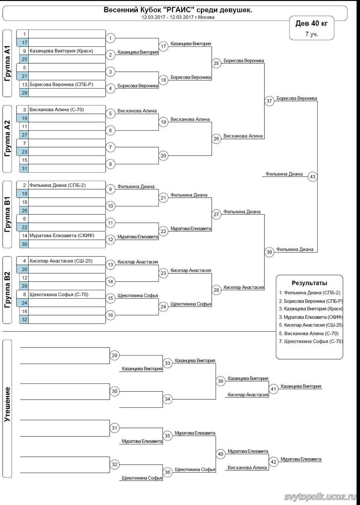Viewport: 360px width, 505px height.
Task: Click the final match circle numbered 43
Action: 313,177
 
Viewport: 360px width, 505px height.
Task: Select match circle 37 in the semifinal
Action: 269,101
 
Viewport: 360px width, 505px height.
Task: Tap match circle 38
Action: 269,252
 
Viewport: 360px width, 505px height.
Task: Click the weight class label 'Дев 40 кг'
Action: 311,23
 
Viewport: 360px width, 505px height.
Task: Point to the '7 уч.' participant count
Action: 312,34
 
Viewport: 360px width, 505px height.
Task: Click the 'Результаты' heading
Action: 309,283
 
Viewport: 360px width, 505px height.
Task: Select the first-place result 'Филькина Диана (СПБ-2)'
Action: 310,293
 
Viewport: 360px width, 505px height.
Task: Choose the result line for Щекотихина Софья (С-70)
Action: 311,341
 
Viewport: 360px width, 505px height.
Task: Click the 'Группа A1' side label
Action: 7,63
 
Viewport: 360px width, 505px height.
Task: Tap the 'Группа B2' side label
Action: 7,290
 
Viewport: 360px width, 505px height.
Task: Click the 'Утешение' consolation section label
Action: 7,404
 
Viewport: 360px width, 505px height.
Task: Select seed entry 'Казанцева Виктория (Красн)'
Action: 61,51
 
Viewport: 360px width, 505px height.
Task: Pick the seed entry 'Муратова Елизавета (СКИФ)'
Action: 62,236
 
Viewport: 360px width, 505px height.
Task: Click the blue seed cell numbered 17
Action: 24,42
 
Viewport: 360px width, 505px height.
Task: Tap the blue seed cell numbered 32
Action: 24,319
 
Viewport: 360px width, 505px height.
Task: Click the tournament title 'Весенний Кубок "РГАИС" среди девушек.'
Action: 178,10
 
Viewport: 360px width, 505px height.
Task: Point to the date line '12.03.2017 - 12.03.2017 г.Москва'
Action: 178,17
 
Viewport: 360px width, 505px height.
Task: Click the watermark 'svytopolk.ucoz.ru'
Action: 320,497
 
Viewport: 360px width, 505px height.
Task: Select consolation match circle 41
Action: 274,389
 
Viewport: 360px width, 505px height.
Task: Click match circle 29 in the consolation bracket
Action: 115,355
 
